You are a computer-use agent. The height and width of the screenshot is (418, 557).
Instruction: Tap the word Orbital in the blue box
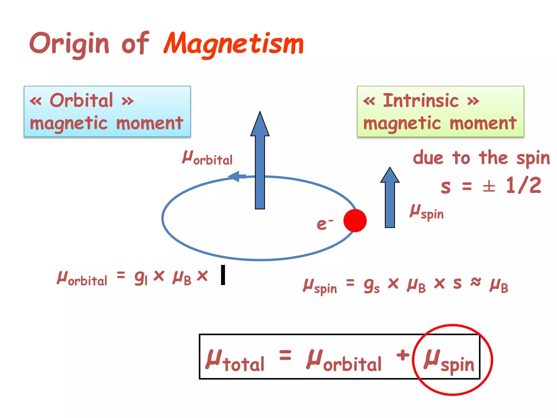(x=81, y=100)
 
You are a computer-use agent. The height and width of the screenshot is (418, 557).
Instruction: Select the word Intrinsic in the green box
(x=421, y=101)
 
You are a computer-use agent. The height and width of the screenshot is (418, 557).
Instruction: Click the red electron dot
(x=355, y=220)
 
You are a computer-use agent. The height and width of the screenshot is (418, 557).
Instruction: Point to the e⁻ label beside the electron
(x=324, y=224)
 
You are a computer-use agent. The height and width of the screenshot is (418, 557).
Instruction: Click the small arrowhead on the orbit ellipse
(x=236, y=176)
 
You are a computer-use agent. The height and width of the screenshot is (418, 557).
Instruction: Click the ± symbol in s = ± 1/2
(x=489, y=187)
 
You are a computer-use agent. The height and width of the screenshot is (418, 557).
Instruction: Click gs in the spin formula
(x=372, y=285)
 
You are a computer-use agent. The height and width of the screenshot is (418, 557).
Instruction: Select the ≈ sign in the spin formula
(x=476, y=282)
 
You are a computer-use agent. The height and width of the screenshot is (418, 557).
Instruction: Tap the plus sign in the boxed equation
(x=403, y=355)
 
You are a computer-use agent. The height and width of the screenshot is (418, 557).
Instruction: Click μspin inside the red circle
(x=449, y=361)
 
